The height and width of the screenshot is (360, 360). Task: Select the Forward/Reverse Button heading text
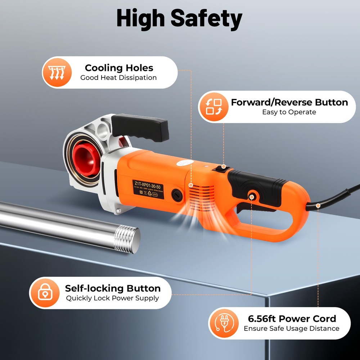point(289,102)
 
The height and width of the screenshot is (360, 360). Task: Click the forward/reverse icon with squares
point(213,107)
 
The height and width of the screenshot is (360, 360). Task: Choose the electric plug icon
point(223,323)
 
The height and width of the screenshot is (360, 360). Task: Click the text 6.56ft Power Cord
point(292,319)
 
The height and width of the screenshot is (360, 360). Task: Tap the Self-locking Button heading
point(113,288)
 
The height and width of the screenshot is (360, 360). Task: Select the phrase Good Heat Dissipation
point(118,78)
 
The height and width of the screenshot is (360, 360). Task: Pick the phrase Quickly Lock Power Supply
point(112,298)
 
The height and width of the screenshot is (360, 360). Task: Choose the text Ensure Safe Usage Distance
point(291,328)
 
